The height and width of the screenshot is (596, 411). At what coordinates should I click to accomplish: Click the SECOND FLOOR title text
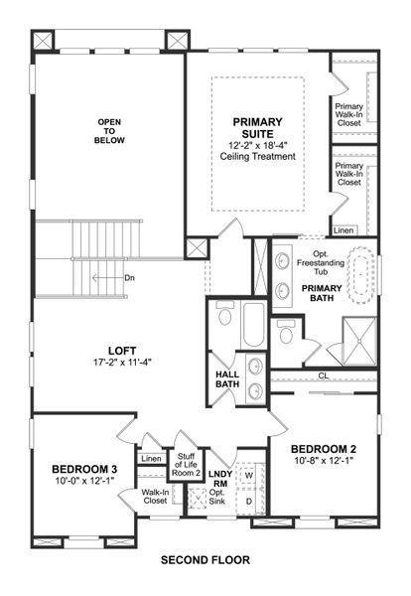[x=205, y=560]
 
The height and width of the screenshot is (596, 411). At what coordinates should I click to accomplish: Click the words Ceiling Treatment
[x=258, y=156]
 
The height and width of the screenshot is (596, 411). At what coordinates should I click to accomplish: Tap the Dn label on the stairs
[x=129, y=277]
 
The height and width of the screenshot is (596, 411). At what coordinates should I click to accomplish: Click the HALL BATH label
[x=227, y=380]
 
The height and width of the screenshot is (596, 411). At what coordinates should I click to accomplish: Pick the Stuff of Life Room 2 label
[x=188, y=465]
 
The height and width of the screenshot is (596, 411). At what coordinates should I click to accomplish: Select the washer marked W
[x=248, y=476]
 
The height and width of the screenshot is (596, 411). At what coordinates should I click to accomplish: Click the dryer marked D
[x=248, y=500]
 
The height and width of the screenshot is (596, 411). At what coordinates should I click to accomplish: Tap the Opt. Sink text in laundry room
[x=218, y=501]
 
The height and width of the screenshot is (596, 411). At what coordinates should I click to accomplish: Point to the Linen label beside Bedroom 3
[x=151, y=459]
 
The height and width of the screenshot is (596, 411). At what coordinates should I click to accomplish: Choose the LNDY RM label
[x=218, y=480]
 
